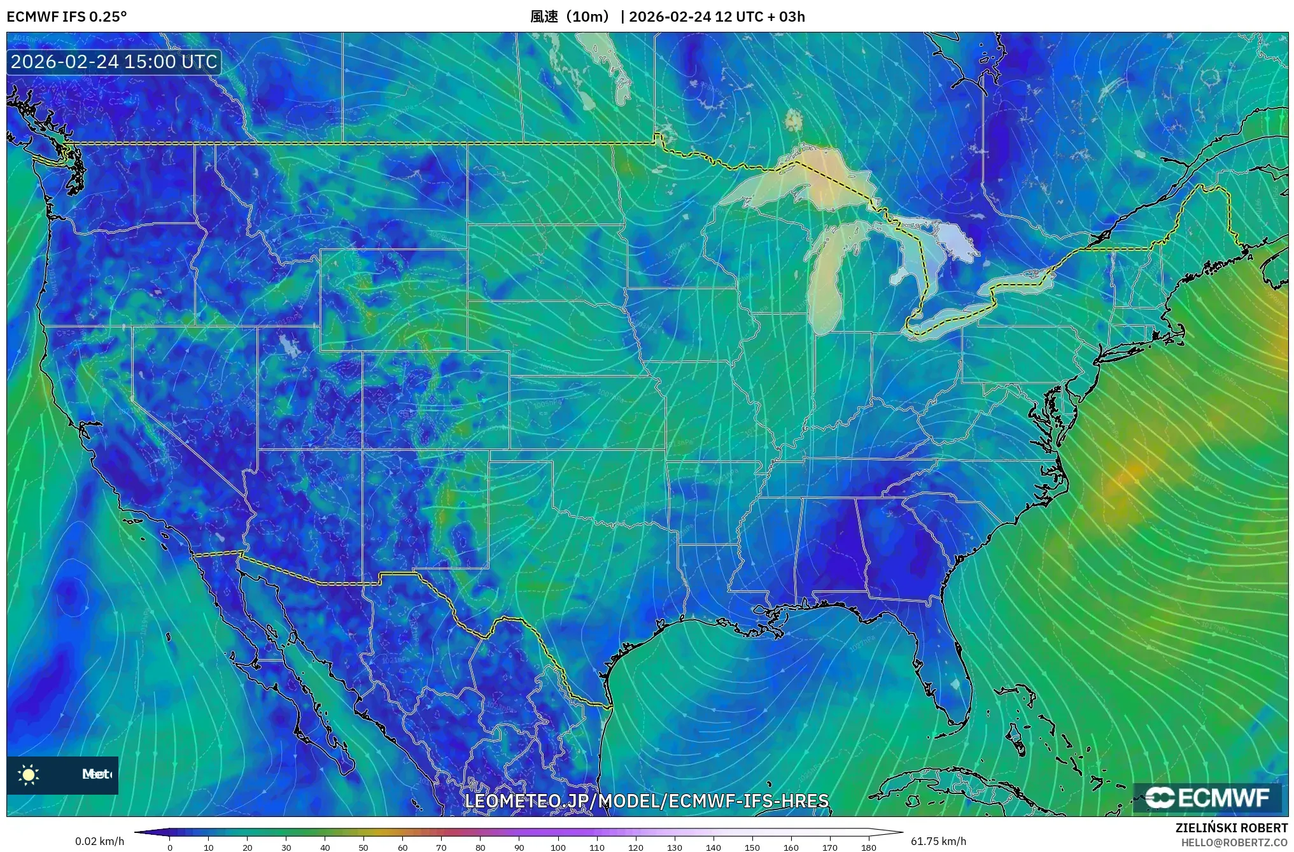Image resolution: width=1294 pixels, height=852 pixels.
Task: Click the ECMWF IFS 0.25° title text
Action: [x=66, y=17]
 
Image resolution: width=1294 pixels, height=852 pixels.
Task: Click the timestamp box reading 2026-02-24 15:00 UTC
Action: [x=114, y=62]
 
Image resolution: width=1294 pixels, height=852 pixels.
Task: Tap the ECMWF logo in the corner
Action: [x=1207, y=797]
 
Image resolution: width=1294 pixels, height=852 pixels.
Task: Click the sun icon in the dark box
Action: [x=29, y=774]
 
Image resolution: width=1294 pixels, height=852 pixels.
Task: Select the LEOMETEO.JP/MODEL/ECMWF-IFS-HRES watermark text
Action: [x=646, y=801]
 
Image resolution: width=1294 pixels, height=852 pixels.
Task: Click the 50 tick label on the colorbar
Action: [x=363, y=848]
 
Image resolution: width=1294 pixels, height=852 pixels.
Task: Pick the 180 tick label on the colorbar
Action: [x=869, y=848]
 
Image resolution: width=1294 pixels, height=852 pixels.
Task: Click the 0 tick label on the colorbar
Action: [x=170, y=848]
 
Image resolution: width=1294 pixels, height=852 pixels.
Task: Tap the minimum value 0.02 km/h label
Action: [x=99, y=841]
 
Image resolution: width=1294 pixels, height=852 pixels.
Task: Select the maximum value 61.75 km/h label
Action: [x=938, y=841]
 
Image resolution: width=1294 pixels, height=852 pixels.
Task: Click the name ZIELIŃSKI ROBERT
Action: [x=1231, y=828]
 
